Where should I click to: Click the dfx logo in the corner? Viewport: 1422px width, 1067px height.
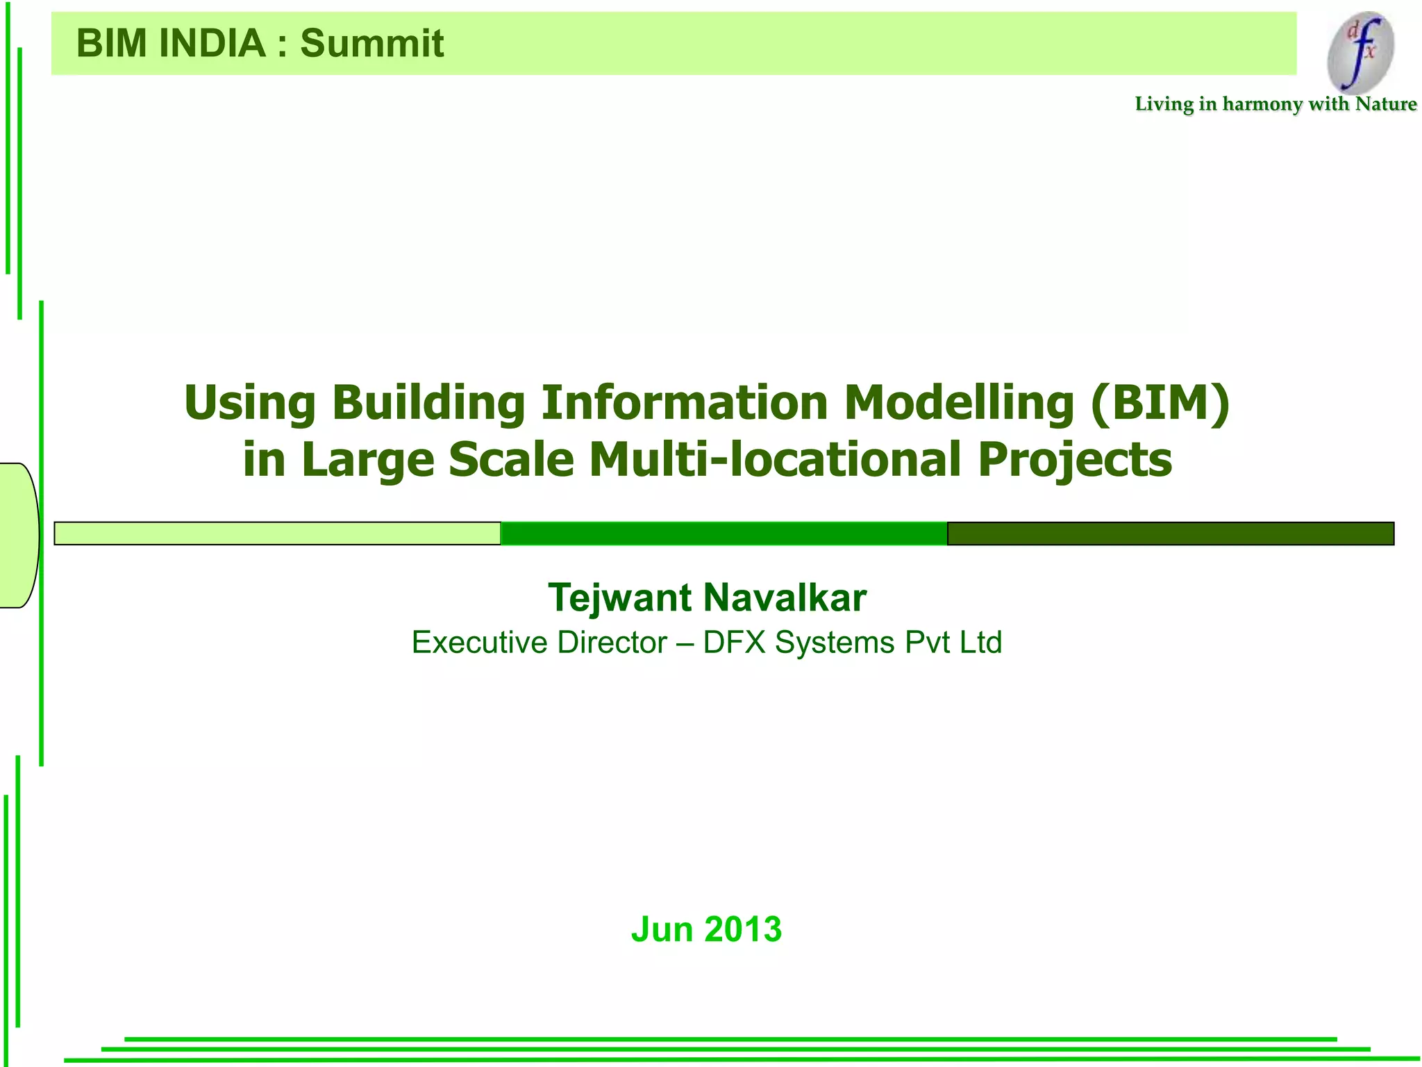click(1360, 53)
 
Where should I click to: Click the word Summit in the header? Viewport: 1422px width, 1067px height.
click(371, 44)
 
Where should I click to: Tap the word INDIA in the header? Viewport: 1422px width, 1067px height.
click(212, 44)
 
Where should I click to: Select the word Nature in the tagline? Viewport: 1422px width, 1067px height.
click(1386, 104)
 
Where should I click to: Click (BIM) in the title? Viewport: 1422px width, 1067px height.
click(1160, 403)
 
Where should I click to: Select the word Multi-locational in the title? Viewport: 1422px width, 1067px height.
click(775, 460)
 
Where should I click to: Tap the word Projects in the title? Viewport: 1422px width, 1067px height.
click(1075, 460)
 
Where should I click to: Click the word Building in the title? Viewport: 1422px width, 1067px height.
click(428, 403)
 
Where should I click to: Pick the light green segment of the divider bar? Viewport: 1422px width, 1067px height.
click(278, 533)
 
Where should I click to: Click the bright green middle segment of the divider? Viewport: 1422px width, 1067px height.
click(723, 533)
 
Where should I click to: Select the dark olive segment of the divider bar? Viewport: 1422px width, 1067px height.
click(1171, 533)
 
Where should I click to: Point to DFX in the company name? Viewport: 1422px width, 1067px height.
click(734, 643)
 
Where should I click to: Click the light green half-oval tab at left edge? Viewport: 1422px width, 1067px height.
click(18, 535)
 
